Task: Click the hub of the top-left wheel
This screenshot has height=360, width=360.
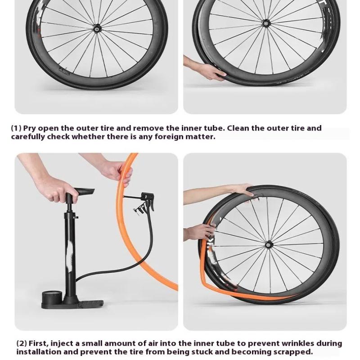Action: pos(96,28)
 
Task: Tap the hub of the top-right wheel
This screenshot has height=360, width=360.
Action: pos(266,22)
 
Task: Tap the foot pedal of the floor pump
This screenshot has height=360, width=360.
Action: pos(90,304)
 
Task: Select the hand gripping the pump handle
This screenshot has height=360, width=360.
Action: pos(56,189)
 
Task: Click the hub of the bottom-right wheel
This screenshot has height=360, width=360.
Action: pos(269,245)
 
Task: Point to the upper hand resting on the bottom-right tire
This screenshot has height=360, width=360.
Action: pos(238,189)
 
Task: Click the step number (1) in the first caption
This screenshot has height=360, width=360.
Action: pos(16,128)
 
